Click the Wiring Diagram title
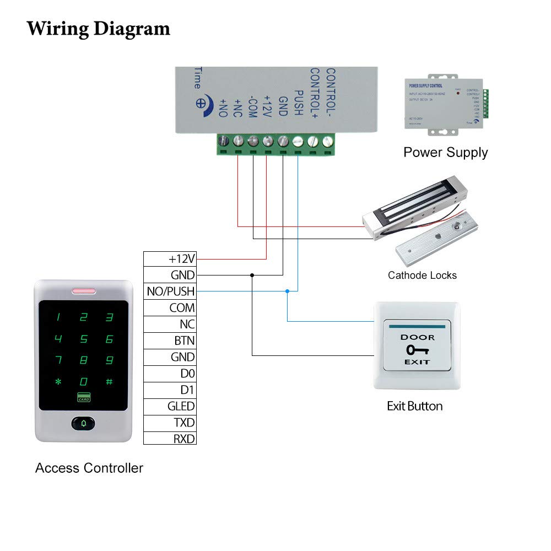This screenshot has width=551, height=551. point(99,28)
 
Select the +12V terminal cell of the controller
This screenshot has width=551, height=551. point(170,258)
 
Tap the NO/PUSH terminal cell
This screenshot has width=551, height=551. point(170,291)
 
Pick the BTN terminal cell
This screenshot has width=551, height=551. point(170,341)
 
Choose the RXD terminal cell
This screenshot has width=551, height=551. point(170,439)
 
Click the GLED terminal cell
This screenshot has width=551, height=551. point(170,406)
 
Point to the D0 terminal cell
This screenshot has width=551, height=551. point(170,374)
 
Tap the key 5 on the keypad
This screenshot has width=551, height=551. point(84,339)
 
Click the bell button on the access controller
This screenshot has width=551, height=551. point(83,423)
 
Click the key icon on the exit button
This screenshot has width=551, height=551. point(417,350)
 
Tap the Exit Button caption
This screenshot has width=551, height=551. point(415,407)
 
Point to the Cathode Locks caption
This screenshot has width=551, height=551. point(422,275)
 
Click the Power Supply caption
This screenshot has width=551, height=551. point(445,152)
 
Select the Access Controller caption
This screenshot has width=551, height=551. point(89,468)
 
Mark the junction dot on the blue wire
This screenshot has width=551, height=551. point(287,290)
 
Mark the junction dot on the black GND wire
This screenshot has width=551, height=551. point(252,274)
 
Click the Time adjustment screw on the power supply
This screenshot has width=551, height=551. point(202,103)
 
